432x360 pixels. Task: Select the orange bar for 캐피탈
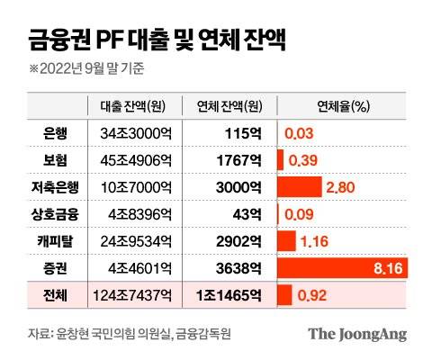click(x=286, y=241)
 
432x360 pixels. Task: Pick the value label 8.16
click(x=396, y=268)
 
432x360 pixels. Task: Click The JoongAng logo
click(x=357, y=334)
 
